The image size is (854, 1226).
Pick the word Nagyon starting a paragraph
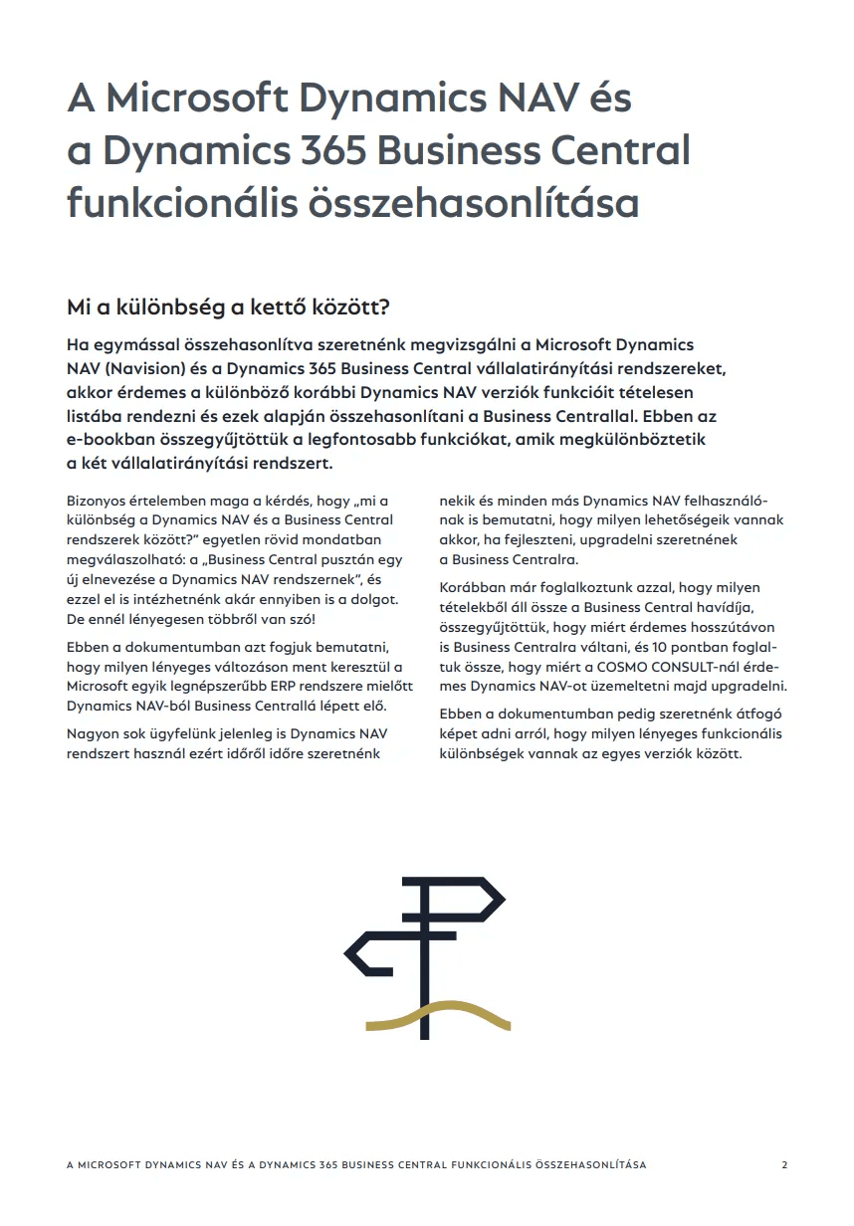[92, 733]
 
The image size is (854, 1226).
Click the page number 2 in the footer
[785, 1164]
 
